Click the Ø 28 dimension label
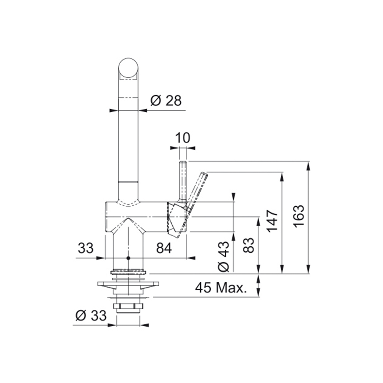[166, 100]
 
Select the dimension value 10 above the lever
[182, 138]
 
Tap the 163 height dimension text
[299, 216]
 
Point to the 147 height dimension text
[272, 221]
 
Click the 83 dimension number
[249, 245]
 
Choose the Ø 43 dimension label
[224, 257]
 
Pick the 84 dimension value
[164, 248]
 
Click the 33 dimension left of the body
[85, 248]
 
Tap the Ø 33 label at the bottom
[91, 316]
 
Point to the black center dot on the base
[128, 258]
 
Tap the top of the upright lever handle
[183, 162]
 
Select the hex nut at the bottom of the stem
[128, 306]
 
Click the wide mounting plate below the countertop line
[128, 284]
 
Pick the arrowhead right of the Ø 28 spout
[143, 110]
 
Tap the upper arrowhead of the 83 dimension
[258, 221]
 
